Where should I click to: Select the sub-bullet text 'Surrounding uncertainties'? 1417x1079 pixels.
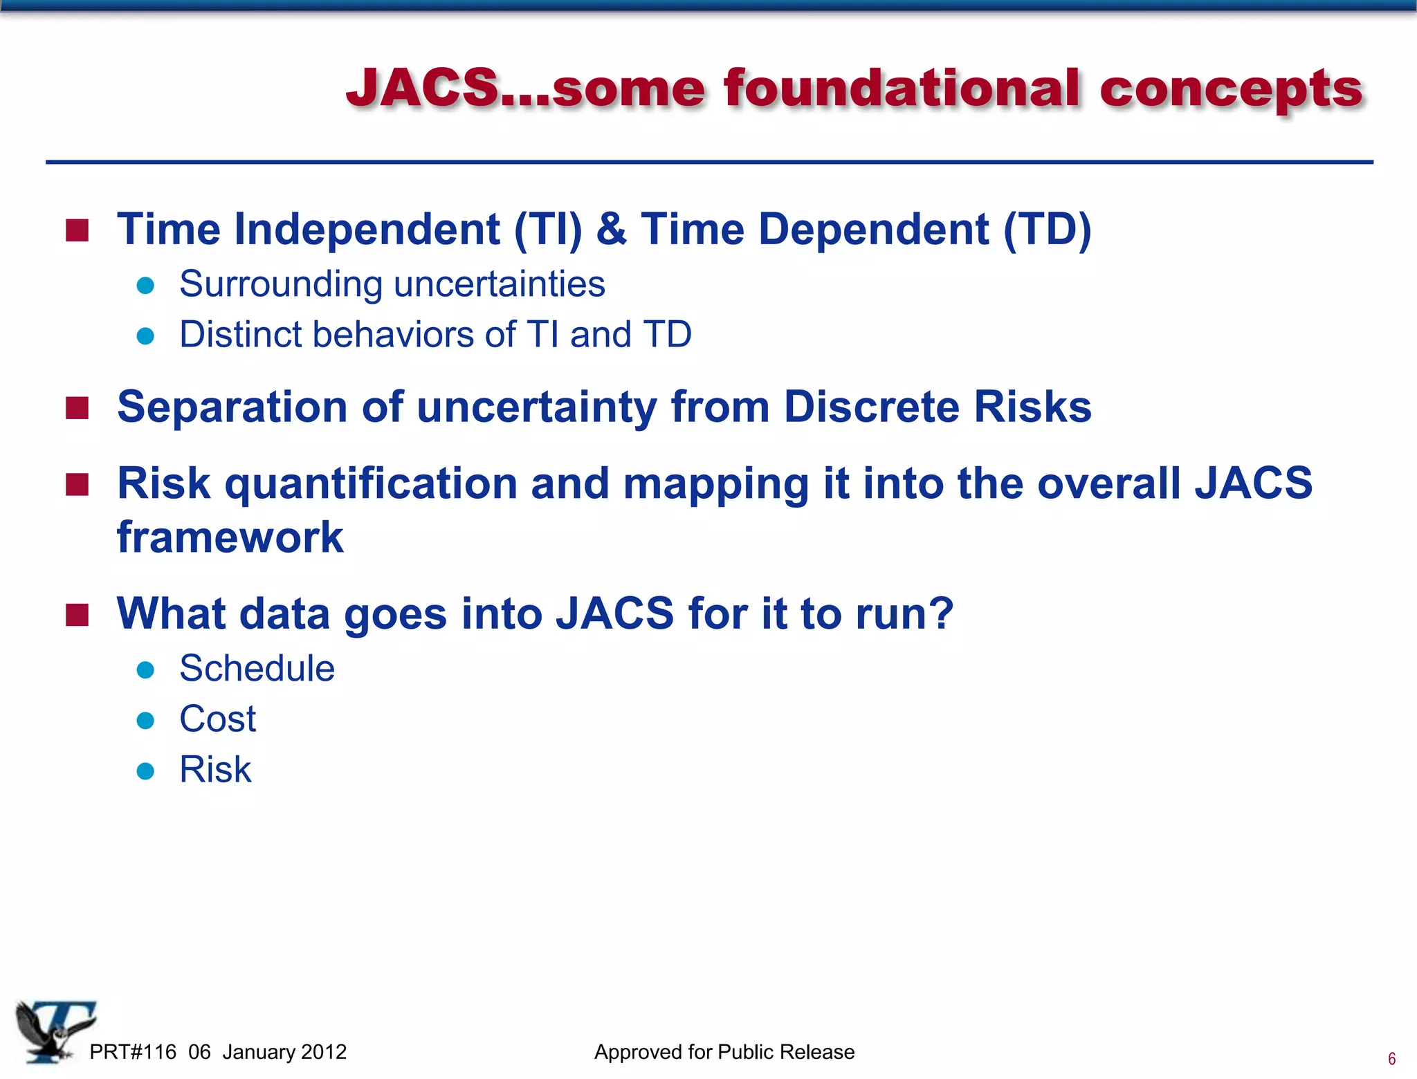point(392,284)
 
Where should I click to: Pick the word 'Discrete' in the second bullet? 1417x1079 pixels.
point(871,407)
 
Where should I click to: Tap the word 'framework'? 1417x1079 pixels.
point(230,537)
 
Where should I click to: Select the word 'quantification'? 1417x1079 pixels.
point(371,483)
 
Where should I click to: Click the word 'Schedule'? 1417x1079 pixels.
point(257,669)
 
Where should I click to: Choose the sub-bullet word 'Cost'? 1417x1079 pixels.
point(217,719)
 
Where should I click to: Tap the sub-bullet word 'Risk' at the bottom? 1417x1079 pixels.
point(215,770)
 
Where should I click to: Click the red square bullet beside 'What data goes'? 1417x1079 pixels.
point(77,614)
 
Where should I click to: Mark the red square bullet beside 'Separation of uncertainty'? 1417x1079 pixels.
point(77,407)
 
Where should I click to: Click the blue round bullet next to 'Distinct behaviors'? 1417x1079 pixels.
point(145,335)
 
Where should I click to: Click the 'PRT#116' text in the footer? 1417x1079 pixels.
point(133,1052)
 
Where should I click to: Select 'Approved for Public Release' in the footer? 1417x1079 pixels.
point(724,1052)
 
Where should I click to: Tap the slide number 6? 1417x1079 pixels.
point(1391,1059)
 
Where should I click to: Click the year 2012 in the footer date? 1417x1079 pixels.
point(324,1052)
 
